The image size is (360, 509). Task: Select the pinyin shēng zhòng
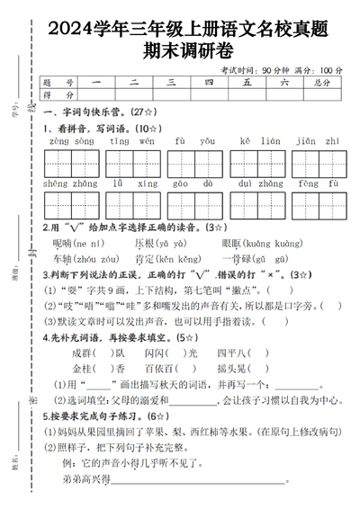[x=71, y=183]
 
